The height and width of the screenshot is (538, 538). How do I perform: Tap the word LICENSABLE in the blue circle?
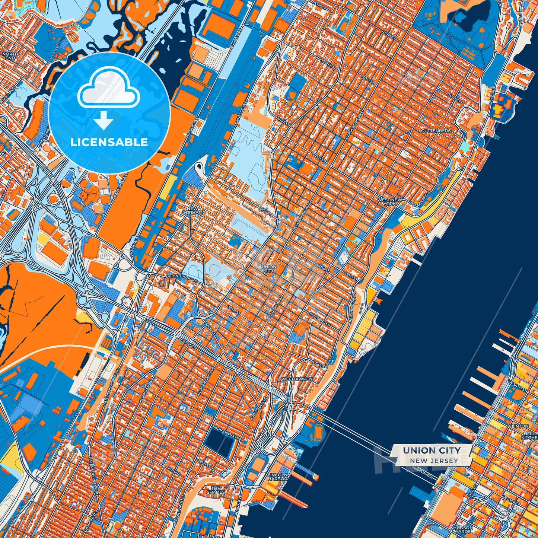point(109,142)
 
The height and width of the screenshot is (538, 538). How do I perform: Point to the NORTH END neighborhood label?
point(10,56)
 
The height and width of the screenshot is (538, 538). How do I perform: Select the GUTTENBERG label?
point(436,131)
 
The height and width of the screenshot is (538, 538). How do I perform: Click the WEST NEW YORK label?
point(389,202)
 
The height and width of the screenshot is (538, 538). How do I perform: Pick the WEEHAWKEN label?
point(297,379)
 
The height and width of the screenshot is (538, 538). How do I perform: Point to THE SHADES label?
point(216,490)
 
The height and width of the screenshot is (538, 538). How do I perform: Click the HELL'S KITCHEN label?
point(530,435)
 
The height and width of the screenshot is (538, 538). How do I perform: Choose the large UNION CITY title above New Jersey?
point(432,451)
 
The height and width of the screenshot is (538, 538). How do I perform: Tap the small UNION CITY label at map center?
point(269,268)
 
